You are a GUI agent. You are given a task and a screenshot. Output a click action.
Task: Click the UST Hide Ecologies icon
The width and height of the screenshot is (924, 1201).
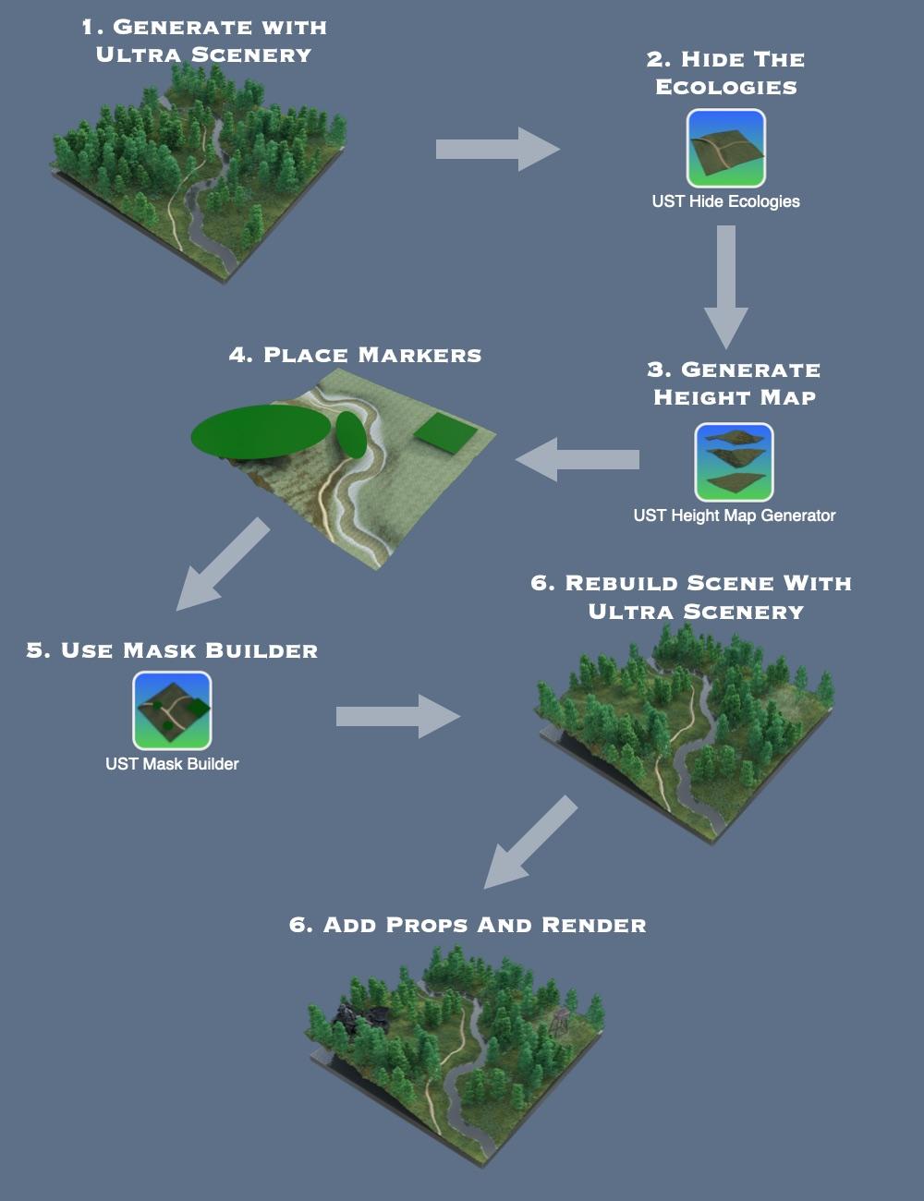pos(725,148)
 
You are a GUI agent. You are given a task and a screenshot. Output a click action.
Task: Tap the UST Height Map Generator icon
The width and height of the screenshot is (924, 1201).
pos(734,462)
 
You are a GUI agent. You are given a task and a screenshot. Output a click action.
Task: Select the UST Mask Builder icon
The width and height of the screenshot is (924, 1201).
pos(172,710)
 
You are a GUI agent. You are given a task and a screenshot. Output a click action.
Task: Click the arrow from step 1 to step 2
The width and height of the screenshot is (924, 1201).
pos(497,149)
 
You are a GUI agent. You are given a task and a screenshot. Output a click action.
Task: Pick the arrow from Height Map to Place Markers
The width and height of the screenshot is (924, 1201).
pos(577,459)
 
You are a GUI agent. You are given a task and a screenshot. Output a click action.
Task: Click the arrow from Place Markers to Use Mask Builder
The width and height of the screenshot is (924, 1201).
pos(222,564)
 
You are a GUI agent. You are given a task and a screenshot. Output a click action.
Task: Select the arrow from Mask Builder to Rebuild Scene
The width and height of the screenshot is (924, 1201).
pos(397,716)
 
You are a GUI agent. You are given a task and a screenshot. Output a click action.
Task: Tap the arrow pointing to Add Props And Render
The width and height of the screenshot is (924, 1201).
pos(529,843)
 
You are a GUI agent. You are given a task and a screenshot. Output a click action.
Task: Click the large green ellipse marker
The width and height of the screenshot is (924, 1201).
pos(261,431)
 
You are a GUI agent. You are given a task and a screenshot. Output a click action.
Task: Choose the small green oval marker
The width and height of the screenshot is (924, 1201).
pos(351,434)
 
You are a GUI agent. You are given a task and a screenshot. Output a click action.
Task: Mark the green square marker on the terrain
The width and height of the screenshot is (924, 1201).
pos(445,432)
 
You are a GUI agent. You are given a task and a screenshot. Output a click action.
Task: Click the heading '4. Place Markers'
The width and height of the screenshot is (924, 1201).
pos(356,355)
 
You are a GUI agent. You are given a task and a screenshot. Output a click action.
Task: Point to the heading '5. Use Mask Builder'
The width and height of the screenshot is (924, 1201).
pos(172,650)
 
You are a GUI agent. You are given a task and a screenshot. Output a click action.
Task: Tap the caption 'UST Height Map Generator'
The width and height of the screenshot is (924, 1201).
pos(735,516)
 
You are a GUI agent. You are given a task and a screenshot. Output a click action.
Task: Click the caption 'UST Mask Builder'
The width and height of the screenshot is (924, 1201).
pos(172,764)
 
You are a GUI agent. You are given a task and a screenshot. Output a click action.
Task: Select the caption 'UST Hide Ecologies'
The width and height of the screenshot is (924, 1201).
pos(725,201)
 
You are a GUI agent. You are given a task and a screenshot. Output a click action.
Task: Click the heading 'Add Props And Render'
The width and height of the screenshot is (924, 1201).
pos(468,925)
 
